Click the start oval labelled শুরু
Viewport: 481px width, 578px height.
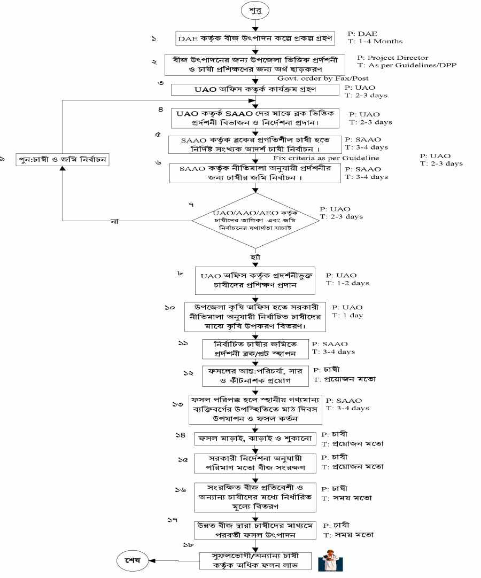pos(255,11)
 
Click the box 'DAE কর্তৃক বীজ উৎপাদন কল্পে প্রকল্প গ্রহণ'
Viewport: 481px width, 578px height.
pos(255,38)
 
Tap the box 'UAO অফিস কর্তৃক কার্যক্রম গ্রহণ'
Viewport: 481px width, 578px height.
pos(255,90)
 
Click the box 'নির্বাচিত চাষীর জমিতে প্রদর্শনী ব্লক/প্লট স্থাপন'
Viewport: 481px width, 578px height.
pos(255,348)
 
